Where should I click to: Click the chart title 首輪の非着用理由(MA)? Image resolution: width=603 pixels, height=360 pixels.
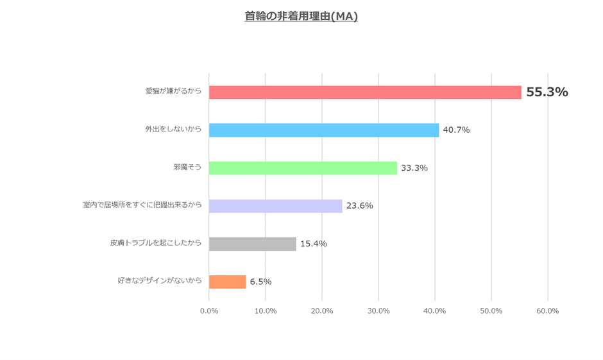tap(301, 16)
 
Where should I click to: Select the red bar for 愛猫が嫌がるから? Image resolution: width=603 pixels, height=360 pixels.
tap(365, 92)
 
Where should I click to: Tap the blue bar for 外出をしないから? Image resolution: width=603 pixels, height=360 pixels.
tap(324, 130)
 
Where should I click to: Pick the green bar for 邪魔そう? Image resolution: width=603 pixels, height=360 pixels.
tap(303, 168)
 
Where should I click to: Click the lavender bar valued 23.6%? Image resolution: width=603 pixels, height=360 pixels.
tap(276, 206)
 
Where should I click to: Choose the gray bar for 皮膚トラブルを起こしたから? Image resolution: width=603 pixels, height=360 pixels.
tap(253, 244)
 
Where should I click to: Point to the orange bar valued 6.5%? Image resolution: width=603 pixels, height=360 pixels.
tap(228, 282)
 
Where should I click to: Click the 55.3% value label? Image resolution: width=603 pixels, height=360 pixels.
tap(547, 92)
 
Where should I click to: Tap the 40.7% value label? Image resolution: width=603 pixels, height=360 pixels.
tap(456, 130)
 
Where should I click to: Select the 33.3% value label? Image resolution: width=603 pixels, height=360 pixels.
tap(414, 168)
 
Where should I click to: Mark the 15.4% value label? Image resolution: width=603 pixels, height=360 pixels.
tap(314, 244)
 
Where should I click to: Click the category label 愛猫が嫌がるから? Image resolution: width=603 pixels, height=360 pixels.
tap(173, 91)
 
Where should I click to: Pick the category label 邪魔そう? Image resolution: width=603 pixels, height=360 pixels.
tap(187, 167)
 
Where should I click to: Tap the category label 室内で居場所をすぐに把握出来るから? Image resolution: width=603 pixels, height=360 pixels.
tap(142, 205)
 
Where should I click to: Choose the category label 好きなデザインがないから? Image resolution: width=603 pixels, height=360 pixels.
tap(160, 280)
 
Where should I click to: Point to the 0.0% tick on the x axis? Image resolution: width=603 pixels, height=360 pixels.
tap(209, 311)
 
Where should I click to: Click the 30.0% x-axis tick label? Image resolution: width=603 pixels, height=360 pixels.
tap(378, 311)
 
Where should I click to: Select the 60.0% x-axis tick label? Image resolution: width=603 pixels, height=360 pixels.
tap(548, 311)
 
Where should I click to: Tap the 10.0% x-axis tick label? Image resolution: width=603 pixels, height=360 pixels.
tap(266, 311)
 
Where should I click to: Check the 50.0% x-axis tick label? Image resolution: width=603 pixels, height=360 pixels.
tap(491, 311)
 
